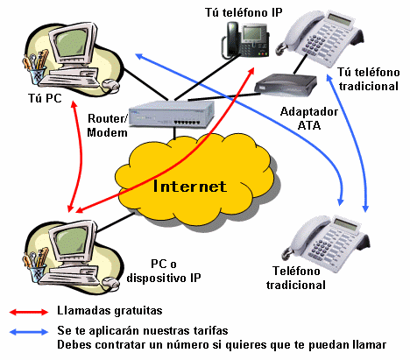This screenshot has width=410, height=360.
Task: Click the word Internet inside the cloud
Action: tap(190, 187)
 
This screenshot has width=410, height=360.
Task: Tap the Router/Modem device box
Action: tap(172, 114)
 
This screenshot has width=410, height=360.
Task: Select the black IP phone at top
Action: tap(245, 40)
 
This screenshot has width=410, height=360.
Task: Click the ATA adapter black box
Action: tap(286, 85)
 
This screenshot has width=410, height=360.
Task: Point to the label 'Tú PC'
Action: tap(45, 98)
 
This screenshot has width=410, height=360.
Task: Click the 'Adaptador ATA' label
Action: tap(309, 118)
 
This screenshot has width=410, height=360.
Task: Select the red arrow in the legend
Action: tap(29, 312)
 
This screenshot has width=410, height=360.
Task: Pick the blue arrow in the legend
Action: tap(29, 332)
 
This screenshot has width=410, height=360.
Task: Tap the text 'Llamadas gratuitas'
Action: tap(110, 311)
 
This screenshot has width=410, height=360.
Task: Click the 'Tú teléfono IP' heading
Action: tap(244, 12)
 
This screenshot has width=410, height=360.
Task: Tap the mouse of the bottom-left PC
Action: tap(110, 282)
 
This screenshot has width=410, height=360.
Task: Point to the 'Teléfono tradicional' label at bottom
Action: tap(296, 278)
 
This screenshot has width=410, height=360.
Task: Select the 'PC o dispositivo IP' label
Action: tap(164, 271)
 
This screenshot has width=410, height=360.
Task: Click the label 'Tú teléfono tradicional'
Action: tap(369, 79)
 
